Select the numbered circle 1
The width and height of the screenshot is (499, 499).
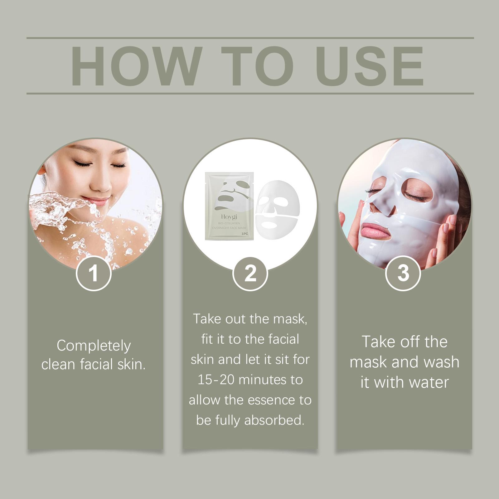(x=94, y=273)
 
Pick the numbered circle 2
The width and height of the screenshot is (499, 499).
(x=250, y=273)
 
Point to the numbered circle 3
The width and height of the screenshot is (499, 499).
(x=403, y=273)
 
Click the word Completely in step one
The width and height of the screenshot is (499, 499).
(x=94, y=346)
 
